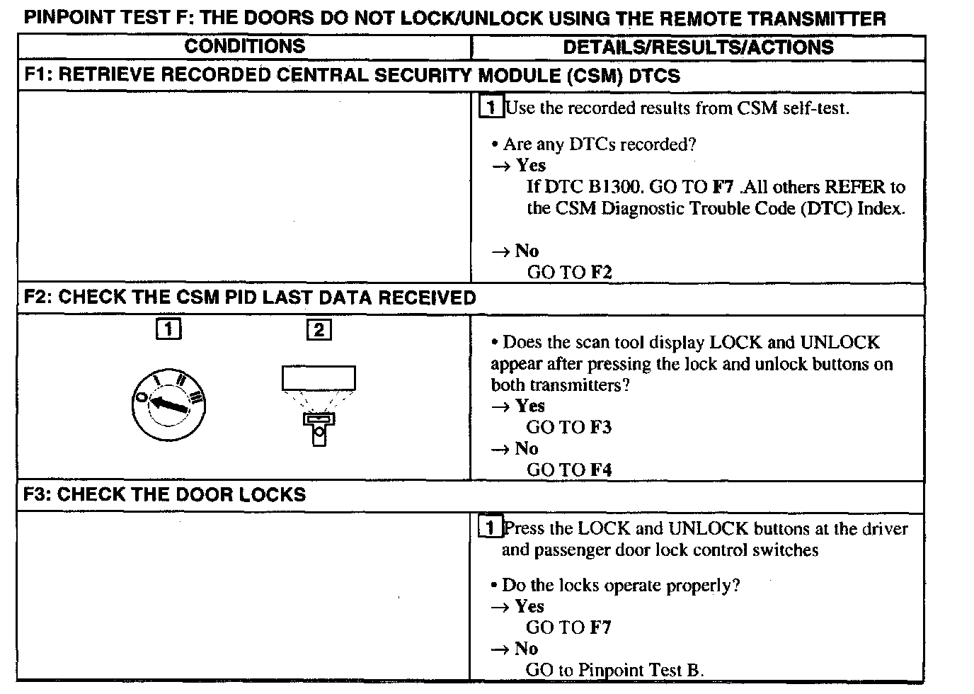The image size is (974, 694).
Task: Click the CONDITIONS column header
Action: click(244, 47)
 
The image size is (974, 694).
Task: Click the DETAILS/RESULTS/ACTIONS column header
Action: click(698, 47)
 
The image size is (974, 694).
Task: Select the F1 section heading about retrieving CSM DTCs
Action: click(352, 76)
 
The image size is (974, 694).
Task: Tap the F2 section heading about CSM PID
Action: click(250, 297)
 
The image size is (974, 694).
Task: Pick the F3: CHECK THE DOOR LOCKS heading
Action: click(164, 494)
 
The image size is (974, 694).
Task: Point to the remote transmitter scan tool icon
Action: click(319, 404)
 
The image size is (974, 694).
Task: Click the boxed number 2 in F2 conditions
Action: click(319, 330)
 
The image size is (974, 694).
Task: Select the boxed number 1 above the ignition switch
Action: click(168, 329)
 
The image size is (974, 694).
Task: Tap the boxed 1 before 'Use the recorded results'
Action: click(491, 108)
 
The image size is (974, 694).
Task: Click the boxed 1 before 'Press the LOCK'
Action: click(491, 528)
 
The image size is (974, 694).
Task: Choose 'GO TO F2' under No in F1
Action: click(569, 273)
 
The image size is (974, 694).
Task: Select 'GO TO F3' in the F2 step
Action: click(568, 428)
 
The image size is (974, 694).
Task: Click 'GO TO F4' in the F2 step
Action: click(568, 470)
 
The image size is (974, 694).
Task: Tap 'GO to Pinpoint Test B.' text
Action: click(614, 670)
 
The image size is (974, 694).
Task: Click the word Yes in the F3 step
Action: click(529, 607)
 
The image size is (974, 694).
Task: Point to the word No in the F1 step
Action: click(527, 251)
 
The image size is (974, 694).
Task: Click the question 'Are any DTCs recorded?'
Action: click(599, 144)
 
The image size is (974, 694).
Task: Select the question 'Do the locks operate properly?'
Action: click(620, 586)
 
